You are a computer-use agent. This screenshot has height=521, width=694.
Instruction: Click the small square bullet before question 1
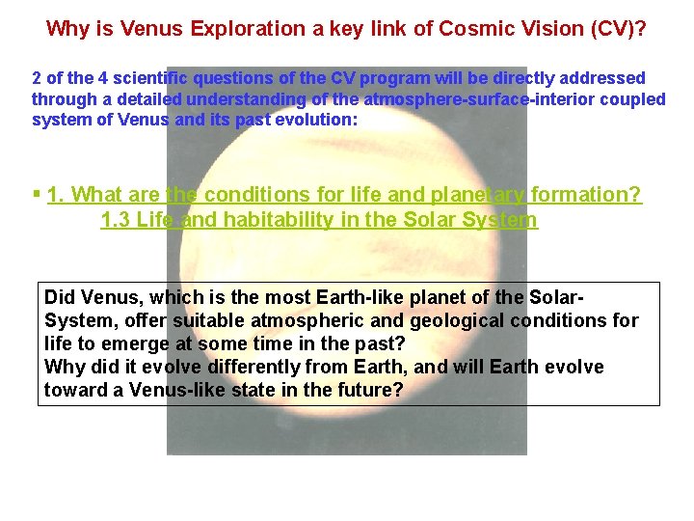(x=36, y=194)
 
